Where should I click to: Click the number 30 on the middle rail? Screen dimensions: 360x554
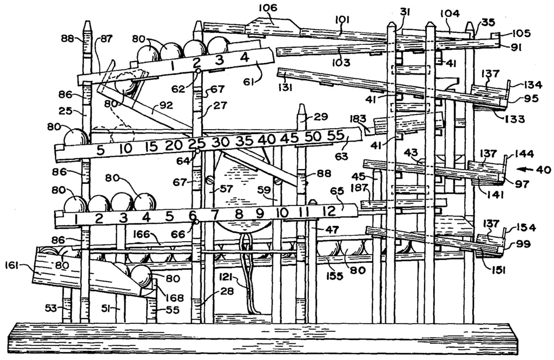coord(221,143)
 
